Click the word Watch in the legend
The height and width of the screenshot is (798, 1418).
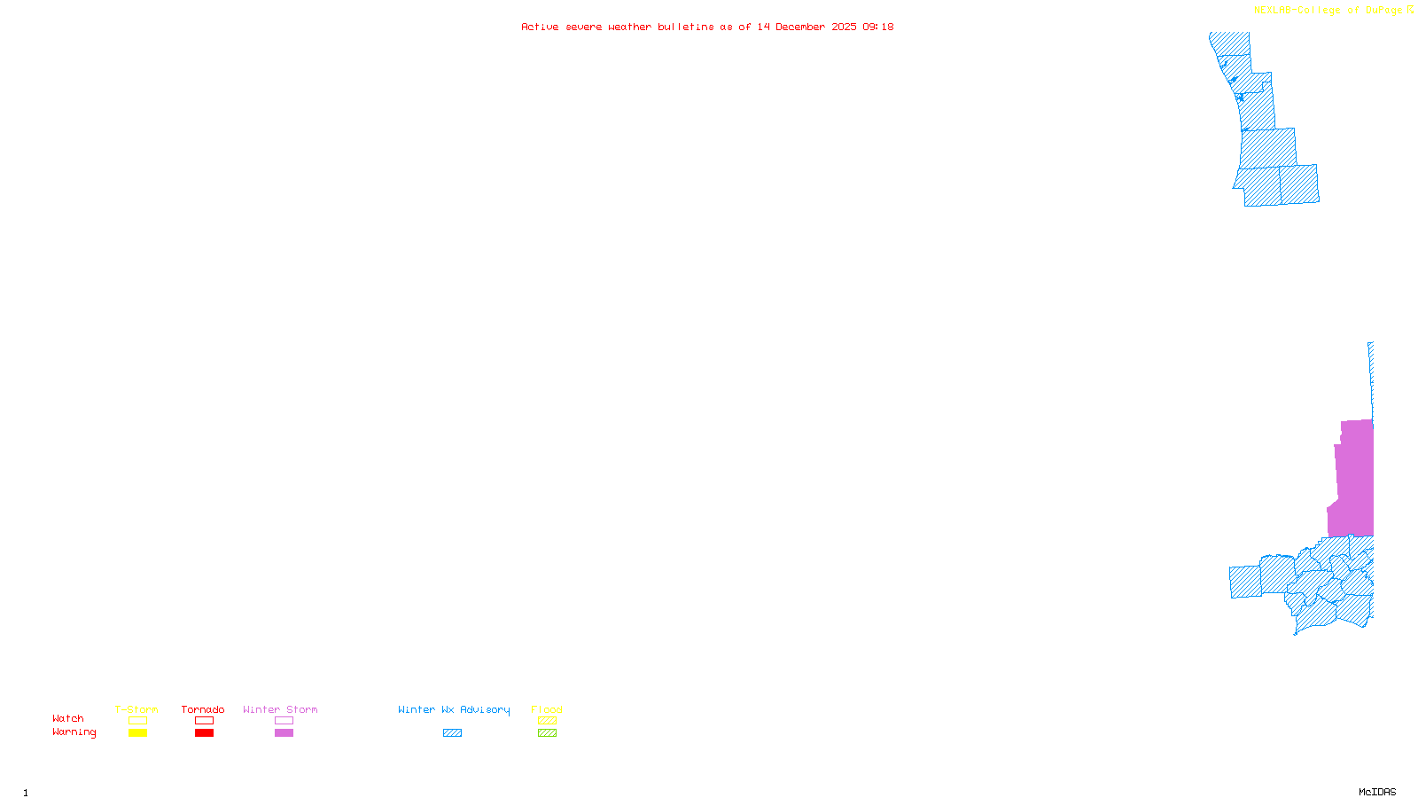[68, 718]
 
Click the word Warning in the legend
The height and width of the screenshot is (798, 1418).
[74, 732]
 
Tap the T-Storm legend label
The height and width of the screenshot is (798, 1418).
[136, 709]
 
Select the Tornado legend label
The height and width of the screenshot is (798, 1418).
[203, 709]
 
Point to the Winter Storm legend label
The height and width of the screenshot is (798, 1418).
[280, 709]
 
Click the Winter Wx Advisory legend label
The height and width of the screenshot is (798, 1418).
[454, 709]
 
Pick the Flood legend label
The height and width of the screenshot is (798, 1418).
[547, 709]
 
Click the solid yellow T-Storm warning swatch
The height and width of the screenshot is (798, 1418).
[137, 733]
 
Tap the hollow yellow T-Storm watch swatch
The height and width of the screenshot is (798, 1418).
[137, 721]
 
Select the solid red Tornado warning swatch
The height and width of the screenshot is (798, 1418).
[204, 733]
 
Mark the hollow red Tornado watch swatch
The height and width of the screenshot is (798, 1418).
[204, 721]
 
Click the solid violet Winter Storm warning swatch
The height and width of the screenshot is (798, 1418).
[284, 733]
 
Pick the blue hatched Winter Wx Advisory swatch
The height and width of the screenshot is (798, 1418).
[452, 733]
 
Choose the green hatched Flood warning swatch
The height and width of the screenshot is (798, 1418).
[547, 733]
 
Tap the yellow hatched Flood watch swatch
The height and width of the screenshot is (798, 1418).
[547, 721]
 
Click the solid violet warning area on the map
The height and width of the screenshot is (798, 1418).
[1355, 479]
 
